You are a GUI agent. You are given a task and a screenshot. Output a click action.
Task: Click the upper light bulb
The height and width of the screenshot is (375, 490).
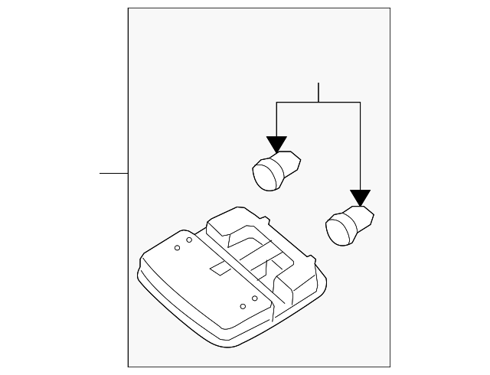click(275, 169)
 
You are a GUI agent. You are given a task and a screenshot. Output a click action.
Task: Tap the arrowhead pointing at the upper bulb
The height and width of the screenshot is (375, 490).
click(276, 145)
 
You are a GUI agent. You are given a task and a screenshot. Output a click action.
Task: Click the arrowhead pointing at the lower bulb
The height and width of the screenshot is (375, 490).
click(359, 198)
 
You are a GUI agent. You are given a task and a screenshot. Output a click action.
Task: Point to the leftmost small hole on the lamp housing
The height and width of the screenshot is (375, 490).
click(177, 248)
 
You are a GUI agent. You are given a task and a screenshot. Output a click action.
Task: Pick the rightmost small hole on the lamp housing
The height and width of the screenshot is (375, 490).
click(255, 298)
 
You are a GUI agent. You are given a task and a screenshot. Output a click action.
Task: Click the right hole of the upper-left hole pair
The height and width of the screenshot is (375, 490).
click(188, 241)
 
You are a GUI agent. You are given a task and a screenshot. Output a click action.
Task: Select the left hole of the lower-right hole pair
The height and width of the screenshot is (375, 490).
click(243, 306)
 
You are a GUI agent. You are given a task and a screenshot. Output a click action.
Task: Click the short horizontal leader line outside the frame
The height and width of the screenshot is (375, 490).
click(113, 173)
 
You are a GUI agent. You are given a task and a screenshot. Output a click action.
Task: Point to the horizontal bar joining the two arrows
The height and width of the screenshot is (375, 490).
click(318, 103)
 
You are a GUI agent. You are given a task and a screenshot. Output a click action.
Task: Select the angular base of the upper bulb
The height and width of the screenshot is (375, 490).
click(290, 162)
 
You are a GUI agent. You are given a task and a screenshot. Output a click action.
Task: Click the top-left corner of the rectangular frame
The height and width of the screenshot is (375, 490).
click(128, 8)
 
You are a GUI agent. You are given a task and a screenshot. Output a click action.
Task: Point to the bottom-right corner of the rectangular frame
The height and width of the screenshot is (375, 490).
click(390, 367)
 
